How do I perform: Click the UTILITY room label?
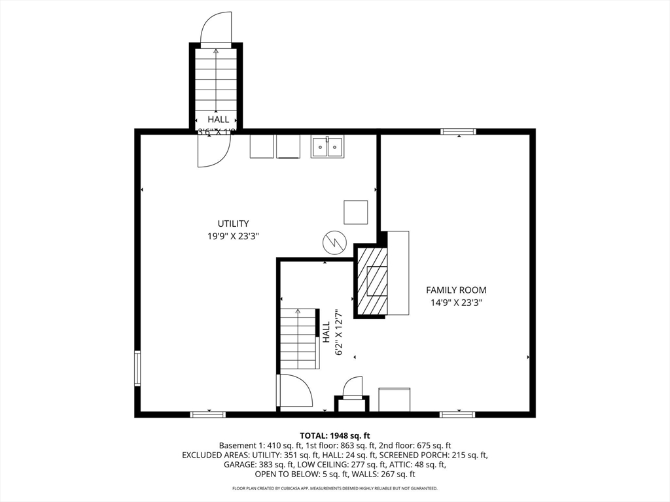point(233,224)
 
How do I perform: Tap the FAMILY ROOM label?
point(456,290)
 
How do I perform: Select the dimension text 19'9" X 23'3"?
point(233,237)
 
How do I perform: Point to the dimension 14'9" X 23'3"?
point(456,303)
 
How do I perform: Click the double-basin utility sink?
point(327,147)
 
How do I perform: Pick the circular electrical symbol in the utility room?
point(332,243)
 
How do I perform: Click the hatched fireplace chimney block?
point(371,281)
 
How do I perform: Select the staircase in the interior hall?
point(299,339)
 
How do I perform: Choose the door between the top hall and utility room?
point(213,150)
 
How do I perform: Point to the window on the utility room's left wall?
point(137,368)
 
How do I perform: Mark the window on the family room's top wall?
point(458,132)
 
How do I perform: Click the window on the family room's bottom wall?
point(457,414)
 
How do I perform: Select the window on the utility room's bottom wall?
point(208,414)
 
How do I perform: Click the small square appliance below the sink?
point(355,212)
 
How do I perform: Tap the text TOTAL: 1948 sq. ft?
point(335,435)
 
